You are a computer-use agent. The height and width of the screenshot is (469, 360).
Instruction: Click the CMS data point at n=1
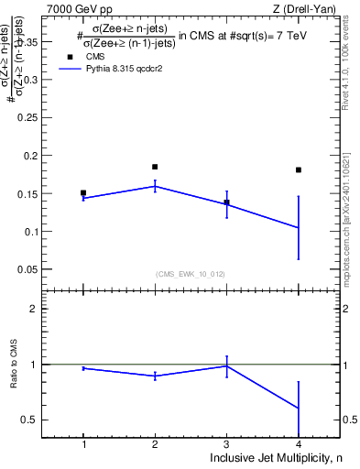83,193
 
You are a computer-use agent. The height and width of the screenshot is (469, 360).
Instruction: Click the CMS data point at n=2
155,167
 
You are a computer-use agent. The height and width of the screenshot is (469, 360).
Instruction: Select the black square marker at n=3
226,202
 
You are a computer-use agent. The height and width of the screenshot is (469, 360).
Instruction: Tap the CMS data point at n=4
299,169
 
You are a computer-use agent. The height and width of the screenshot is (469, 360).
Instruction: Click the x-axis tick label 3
226,444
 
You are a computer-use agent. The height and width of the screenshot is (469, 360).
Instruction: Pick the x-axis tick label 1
83,444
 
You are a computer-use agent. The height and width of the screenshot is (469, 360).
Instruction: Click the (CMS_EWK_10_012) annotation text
191,274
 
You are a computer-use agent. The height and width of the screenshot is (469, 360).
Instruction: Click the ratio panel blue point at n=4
299,408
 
